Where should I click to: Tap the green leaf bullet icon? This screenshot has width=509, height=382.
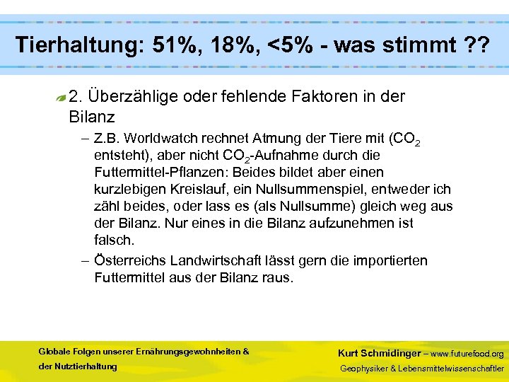point(62,98)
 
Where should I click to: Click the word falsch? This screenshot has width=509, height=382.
point(114,240)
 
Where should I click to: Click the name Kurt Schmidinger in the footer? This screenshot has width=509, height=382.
point(378,353)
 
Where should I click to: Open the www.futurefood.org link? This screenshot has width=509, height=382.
point(467,354)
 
